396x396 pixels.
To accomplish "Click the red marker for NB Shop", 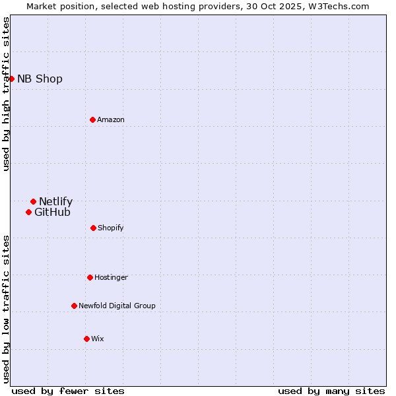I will [x=11, y=79].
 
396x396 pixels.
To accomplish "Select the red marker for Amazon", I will [x=92, y=119].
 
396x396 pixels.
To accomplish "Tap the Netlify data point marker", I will [x=33, y=201].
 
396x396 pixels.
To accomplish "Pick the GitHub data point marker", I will [x=28, y=212].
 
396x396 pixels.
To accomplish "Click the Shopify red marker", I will [x=93, y=228].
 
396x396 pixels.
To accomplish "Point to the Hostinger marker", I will [x=90, y=277].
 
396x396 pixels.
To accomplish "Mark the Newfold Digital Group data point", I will [x=74, y=306].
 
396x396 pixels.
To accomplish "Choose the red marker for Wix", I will [x=86, y=339].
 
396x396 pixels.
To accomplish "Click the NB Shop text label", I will [x=40, y=79].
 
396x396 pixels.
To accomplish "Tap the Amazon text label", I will [x=111, y=119].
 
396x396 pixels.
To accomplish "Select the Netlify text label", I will [x=55, y=201].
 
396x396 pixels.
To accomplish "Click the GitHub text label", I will [x=52, y=212].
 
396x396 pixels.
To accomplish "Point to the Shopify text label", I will [x=111, y=228].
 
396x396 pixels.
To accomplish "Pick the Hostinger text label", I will [x=111, y=277].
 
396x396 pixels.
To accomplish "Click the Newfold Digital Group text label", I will [x=117, y=306].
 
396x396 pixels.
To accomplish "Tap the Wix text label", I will [x=98, y=339].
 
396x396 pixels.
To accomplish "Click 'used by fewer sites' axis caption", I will [x=68, y=391].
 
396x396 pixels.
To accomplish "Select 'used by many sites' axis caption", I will [x=331, y=391].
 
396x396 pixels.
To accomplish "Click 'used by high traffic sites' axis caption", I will [x=6, y=94].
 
